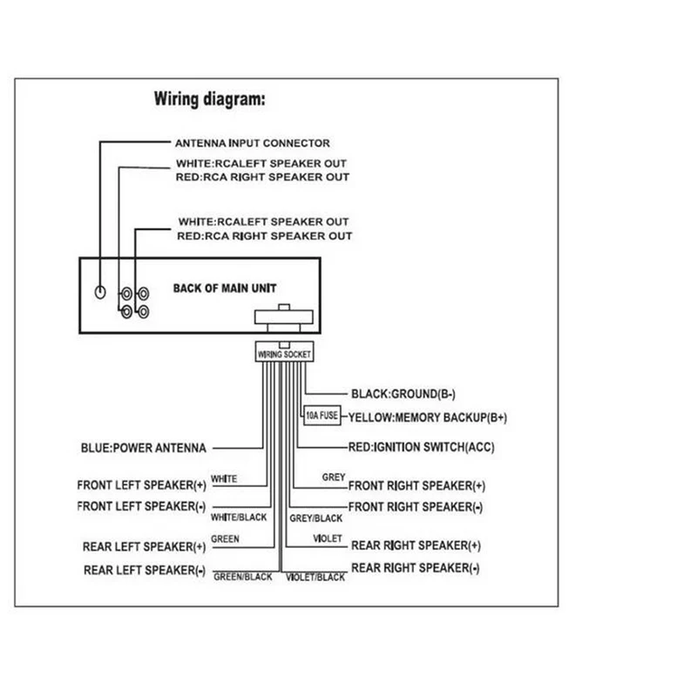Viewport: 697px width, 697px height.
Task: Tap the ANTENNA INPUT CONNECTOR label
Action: tap(253, 143)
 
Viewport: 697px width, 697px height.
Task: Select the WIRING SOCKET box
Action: tap(283, 354)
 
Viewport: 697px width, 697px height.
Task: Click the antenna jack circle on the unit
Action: tap(102, 293)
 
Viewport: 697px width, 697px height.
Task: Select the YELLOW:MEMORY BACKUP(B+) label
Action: tap(427, 418)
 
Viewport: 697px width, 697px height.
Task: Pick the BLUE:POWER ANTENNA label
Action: tap(142, 450)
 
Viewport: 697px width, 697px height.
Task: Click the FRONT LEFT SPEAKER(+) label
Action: tap(140, 485)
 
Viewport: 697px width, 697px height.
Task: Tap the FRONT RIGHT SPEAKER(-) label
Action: tap(416, 506)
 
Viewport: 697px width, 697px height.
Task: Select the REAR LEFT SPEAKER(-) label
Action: tap(144, 571)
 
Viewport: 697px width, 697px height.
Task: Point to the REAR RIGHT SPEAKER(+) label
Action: tap(416, 546)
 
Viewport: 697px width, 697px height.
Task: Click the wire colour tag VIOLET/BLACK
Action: tap(315, 577)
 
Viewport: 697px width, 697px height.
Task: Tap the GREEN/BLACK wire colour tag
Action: tap(243, 577)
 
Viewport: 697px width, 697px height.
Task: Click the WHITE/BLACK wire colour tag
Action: tap(238, 517)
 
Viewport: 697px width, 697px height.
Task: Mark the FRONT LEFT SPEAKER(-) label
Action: tap(140, 506)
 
